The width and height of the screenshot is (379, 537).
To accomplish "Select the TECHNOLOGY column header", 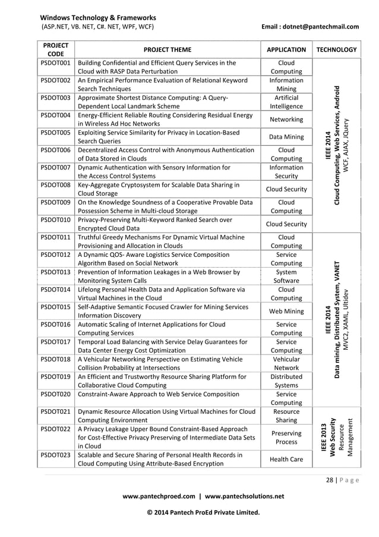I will point(337,50).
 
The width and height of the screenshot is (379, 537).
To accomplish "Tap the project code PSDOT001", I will point(55,62).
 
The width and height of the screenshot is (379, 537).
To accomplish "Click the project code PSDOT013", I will point(55,272).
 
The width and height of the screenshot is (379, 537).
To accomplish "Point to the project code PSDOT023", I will point(55,456).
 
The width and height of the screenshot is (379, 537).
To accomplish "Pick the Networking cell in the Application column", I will point(286,120).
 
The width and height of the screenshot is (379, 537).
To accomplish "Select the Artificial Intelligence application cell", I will point(286,102).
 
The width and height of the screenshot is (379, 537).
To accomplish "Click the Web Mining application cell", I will point(286,312).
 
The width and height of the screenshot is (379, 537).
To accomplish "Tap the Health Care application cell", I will point(286,460).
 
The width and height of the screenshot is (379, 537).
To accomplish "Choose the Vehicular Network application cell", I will point(286,364).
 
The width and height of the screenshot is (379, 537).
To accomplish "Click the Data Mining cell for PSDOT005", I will point(286,137).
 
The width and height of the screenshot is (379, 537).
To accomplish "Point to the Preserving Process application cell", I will point(286,438).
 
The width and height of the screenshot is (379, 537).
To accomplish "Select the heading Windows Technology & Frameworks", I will point(99,18).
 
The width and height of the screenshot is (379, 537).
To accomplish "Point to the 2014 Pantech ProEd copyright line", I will point(198,512).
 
